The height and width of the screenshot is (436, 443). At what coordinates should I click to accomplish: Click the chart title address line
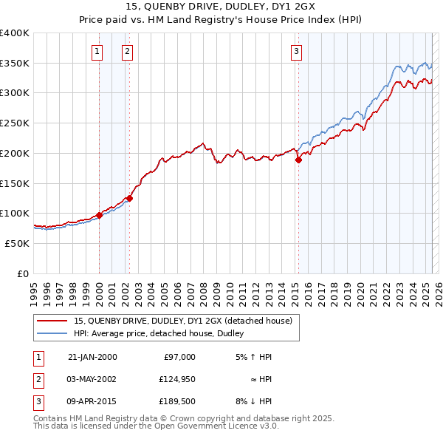[221, 8]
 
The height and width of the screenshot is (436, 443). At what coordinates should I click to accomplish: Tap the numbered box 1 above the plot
[98, 51]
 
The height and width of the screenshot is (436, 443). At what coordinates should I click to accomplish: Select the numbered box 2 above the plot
[128, 51]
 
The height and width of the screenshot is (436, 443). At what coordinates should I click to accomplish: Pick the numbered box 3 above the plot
[296, 51]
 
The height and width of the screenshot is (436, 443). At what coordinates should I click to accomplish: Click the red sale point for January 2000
[99, 215]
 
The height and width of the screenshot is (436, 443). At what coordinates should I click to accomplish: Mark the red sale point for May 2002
[129, 198]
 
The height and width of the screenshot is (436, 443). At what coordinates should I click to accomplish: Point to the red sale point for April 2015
[299, 159]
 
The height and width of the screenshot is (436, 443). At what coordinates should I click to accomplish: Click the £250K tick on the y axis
[15, 123]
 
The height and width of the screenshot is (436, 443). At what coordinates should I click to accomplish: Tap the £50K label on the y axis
[18, 243]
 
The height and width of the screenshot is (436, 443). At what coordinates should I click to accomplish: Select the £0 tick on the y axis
[23, 273]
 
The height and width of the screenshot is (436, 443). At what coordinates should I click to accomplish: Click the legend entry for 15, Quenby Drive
[183, 321]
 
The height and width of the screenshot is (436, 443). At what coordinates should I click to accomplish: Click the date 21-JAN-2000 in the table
[92, 357]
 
